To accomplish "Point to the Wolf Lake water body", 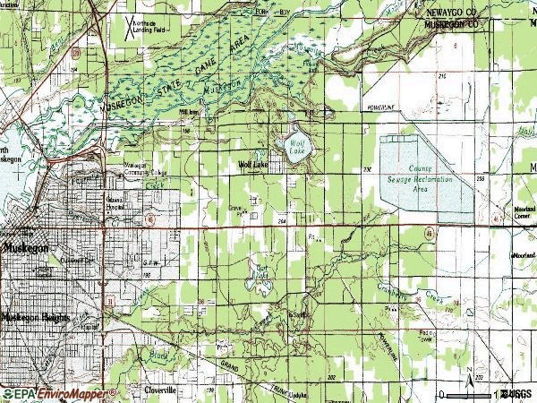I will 296,147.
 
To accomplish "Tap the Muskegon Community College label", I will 144,169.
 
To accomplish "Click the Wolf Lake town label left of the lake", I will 253,165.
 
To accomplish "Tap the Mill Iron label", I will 189,112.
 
